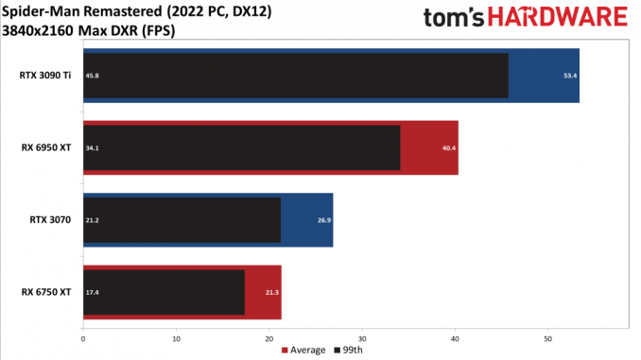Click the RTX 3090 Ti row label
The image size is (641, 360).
[x=45, y=76]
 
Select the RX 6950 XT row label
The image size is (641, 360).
[x=46, y=147]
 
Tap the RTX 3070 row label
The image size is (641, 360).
[x=50, y=220]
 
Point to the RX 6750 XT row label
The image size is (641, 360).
[x=46, y=292]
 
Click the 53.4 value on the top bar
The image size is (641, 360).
[x=570, y=76]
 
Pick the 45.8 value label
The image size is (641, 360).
[x=92, y=76]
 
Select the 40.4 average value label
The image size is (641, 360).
[x=449, y=148]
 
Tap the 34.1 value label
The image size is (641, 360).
[x=92, y=148]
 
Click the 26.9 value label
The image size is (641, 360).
[x=324, y=220]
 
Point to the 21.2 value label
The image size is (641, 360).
[x=92, y=220]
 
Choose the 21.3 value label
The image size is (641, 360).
[x=272, y=292]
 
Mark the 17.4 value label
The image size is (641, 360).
[x=92, y=292]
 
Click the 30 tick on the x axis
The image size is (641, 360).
[x=362, y=339]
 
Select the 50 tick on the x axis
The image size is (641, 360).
[x=547, y=339]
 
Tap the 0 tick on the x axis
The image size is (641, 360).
[x=83, y=339]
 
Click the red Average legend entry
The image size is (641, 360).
[x=303, y=351]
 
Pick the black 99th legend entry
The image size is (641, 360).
[x=348, y=351]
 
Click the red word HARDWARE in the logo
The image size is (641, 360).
[x=558, y=17]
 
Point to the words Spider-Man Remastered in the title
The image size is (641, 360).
[x=81, y=11]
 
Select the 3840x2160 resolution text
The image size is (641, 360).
[x=38, y=30]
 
